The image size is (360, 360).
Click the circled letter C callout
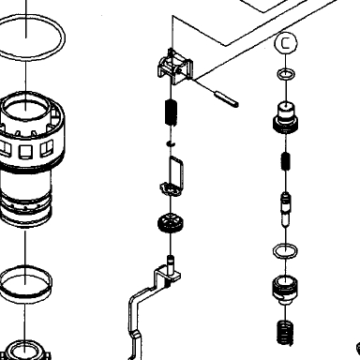point(286,43)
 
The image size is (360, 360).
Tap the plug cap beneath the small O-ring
point(285,117)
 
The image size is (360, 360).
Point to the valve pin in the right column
point(286,209)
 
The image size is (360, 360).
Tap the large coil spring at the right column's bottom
point(285,332)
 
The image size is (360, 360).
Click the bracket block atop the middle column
point(175,67)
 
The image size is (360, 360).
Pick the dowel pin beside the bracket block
point(226,98)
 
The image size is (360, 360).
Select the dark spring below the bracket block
point(171,112)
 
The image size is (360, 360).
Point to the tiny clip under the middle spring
point(171,143)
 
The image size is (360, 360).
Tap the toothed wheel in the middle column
point(171,223)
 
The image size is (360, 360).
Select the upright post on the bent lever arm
point(171,264)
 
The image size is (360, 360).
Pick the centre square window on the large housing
point(25,152)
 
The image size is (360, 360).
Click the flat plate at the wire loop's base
point(171,189)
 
